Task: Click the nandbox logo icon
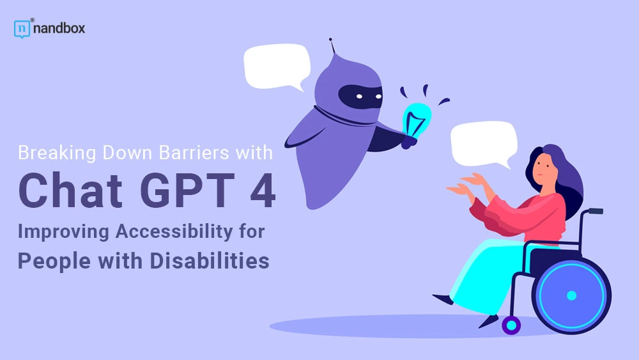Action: point(22,29)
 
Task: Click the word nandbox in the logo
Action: point(59,29)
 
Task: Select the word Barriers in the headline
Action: point(194,154)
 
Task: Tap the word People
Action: point(52,262)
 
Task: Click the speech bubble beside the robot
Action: point(276,66)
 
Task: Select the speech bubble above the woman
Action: point(483,142)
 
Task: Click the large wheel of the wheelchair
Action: point(571,295)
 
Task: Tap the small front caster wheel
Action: point(511,325)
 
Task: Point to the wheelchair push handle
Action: point(594,210)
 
